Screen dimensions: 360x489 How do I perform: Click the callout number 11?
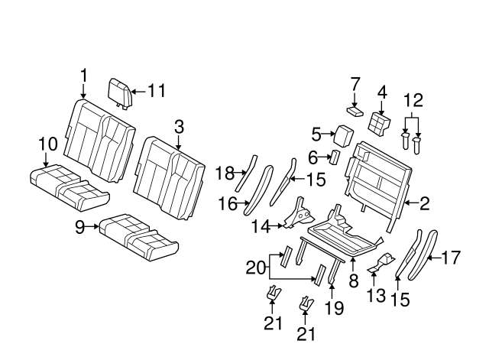tap(157, 91)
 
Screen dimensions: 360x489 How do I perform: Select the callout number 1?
tap(83, 75)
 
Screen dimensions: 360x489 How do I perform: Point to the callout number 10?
tap(47, 143)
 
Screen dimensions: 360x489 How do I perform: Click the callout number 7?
tap(355, 83)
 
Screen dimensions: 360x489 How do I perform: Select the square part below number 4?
tap(379, 122)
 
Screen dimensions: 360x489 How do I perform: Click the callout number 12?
tap(413, 99)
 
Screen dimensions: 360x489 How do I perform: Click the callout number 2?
tap(424, 203)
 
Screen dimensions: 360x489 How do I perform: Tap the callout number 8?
tap(353, 281)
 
